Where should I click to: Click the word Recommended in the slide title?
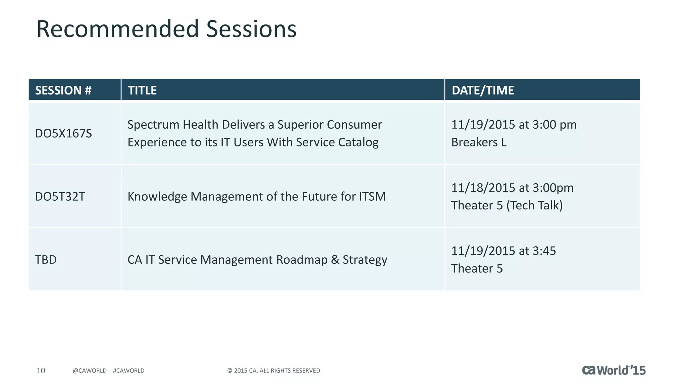coord(118,29)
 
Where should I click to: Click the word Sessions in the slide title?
coord(251,29)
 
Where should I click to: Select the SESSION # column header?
coord(63,90)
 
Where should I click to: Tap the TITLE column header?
coord(142,90)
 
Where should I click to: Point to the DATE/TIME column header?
coord(482,90)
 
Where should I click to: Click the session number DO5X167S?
coord(63,133)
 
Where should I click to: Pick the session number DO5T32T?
coord(60,196)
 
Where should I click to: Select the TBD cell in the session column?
coord(46,260)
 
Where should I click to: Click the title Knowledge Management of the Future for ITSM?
coord(256,196)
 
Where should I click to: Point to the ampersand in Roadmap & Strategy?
coord(335,260)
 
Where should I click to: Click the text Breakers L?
coord(479,142)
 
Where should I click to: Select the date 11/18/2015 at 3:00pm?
coord(512,188)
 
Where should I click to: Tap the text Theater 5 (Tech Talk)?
coord(507,205)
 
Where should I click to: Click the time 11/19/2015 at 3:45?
coord(503,251)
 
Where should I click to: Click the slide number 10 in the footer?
coord(41,371)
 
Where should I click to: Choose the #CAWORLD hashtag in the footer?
coord(128,371)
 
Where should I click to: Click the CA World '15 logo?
coord(613,370)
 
